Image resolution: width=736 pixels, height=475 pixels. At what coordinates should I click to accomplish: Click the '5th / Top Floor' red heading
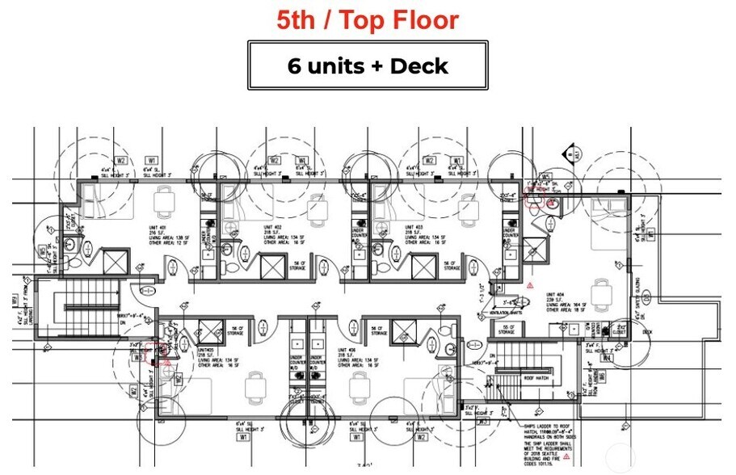(x=368, y=20)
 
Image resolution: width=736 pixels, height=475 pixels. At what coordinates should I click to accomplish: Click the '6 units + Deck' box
(x=368, y=65)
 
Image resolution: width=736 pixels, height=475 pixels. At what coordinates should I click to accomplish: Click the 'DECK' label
(x=646, y=331)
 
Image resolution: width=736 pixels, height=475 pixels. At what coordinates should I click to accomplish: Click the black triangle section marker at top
(x=572, y=151)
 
